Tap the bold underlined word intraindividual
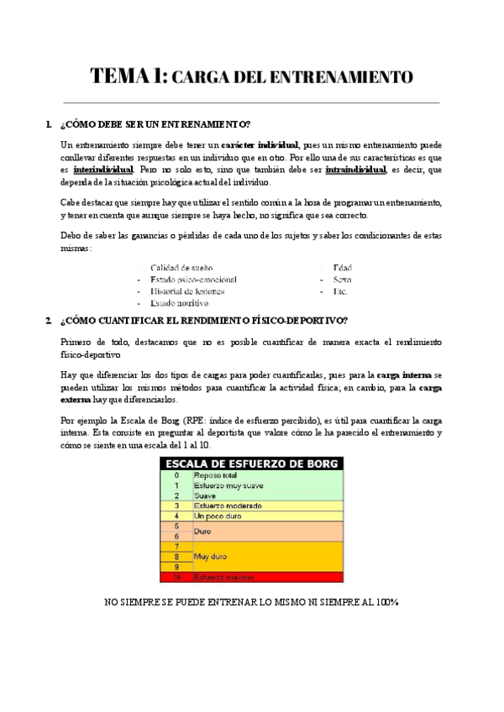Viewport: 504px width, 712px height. coord(355,169)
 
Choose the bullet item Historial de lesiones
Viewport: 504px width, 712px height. coord(186,291)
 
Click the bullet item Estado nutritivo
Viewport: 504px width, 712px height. coord(179,303)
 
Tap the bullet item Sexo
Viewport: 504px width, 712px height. coord(342,279)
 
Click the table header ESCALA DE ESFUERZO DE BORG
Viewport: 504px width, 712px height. coord(251,463)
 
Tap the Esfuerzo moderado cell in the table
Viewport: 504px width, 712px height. coord(227,506)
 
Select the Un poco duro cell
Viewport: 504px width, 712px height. coord(217,516)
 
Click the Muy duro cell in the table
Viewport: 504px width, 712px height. coord(209,556)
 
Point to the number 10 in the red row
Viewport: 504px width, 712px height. coord(176,578)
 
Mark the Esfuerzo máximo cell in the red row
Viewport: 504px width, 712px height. coord(223,578)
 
